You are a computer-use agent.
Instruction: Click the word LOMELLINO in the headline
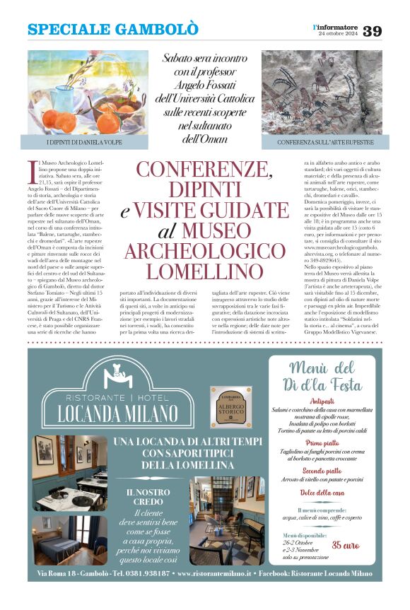click(x=204, y=271)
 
